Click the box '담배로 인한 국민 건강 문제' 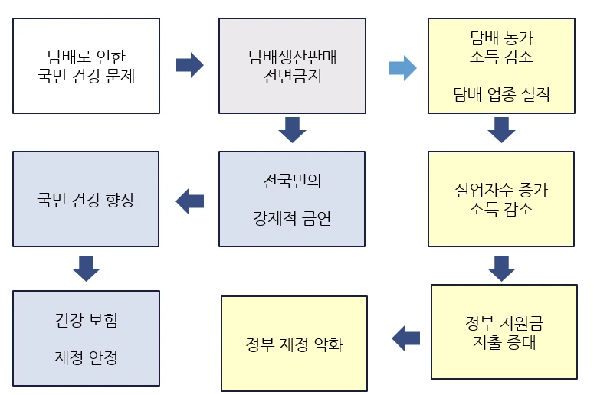pos(86,66)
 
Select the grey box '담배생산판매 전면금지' pos(292,66)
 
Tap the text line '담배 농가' pos(500,37)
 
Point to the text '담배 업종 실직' pos(500,95)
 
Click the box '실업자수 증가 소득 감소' pos(500,198)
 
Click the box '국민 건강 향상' pos(86,198)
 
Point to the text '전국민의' pos(292,181)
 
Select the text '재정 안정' pos(86,357)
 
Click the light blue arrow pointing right pos(402,67)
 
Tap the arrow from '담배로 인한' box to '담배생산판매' pos(189,65)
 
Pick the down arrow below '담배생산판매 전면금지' pos(292,130)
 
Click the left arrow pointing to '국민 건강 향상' pos(190,201)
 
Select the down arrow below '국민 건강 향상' pos(86,269)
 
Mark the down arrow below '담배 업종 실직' pos(500,130)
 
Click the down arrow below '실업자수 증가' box pos(500,269)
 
